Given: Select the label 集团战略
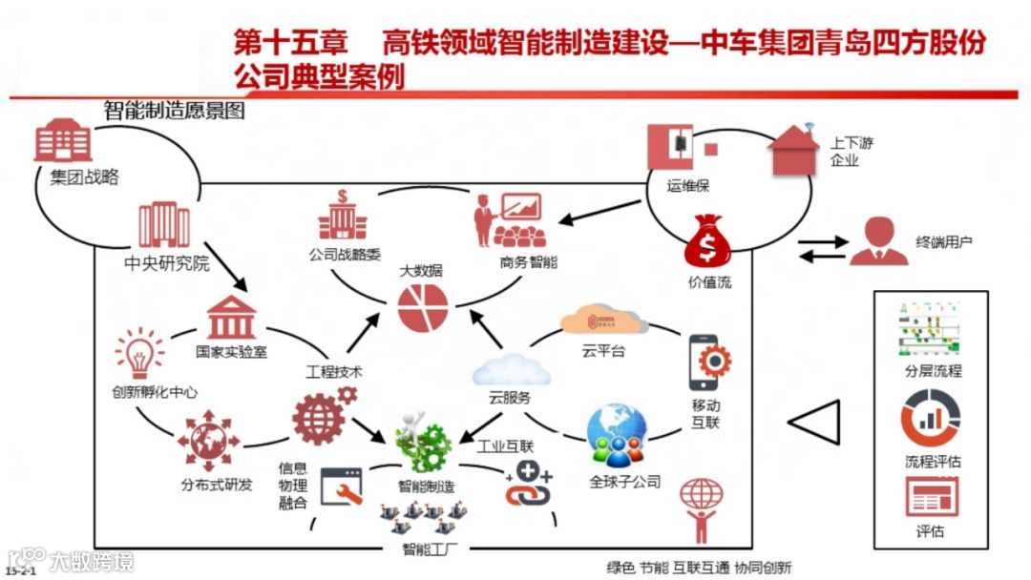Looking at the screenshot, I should tap(85, 177).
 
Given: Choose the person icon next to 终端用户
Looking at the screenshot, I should tap(878, 241).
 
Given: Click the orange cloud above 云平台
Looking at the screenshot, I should tap(603, 321).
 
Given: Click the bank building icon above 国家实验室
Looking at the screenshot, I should tap(232, 317).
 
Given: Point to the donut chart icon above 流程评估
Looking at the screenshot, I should tap(931, 421).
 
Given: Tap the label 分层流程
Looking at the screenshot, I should tap(932, 371).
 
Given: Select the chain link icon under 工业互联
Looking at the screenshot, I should tap(528, 485).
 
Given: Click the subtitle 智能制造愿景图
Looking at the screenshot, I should tap(174, 112).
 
